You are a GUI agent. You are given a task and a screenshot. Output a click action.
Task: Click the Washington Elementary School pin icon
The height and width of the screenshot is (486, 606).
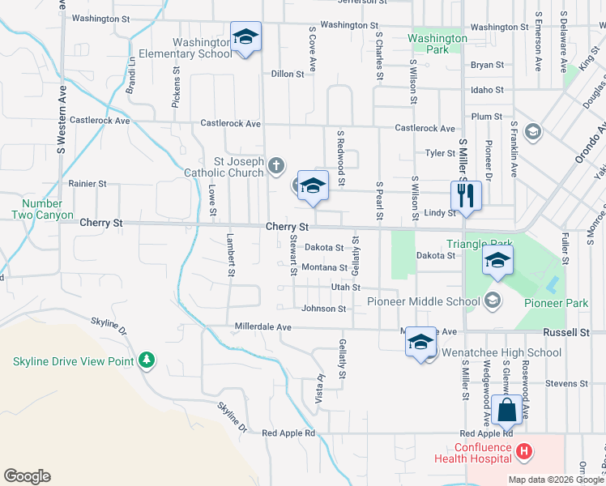(245, 37)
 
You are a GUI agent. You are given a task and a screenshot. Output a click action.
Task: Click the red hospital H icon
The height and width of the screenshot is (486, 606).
(524, 450)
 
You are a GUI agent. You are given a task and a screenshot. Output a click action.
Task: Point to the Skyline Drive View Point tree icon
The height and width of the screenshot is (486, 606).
(146, 358)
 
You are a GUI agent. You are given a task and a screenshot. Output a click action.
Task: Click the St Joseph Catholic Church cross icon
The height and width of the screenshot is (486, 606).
(276, 167)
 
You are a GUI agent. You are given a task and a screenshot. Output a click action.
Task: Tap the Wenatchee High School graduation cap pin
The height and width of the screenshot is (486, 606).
(421, 343)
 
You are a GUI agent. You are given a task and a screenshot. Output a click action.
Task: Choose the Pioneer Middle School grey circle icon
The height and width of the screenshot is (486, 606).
(491, 301)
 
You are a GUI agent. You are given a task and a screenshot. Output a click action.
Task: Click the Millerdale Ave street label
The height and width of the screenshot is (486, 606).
(262, 326)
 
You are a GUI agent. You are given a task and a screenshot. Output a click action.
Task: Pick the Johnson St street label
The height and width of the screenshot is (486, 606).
(323, 309)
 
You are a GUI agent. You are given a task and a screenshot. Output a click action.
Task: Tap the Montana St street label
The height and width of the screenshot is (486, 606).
(323, 267)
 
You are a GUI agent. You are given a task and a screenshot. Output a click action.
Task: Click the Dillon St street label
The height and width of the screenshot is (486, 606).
(287, 73)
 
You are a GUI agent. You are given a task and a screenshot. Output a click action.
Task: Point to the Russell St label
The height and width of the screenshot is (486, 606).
(566, 332)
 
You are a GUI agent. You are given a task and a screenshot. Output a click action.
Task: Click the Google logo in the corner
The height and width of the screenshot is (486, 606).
(27, 476)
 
